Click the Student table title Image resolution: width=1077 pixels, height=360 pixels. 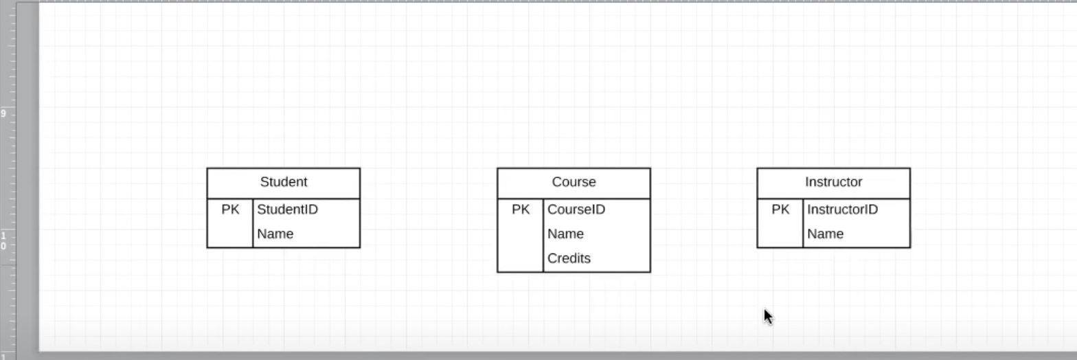[284, 182]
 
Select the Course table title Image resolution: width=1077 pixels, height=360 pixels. [574, 182]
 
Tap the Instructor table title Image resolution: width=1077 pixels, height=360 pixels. [833, 182]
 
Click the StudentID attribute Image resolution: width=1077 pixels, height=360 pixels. [287, 210]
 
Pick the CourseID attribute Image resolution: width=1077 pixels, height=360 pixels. [576, 210]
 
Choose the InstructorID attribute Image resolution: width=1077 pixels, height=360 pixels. [842, 210]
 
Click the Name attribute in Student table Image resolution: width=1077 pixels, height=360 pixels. [275, 234]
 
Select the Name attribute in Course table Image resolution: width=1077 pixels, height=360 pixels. [565, 234]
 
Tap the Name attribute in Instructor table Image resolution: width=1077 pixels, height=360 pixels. [825, 234]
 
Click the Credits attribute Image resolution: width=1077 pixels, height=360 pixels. [569, 258]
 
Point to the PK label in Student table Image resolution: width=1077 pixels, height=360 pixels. [230, 210]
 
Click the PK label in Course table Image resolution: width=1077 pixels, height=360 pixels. [521, 210]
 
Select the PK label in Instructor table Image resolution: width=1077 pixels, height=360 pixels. [780, 210]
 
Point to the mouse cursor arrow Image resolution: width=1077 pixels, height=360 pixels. [767, 315]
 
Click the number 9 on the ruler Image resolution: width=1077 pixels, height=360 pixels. [3, 113]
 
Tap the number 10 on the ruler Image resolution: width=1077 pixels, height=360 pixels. [3, 241]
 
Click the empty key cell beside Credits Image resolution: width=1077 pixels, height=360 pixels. [521, 258]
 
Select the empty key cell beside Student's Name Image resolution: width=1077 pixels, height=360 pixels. [230, 234]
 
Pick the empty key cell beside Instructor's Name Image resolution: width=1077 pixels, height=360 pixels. [780, 234]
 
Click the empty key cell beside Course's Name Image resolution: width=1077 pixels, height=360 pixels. [521, 234]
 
